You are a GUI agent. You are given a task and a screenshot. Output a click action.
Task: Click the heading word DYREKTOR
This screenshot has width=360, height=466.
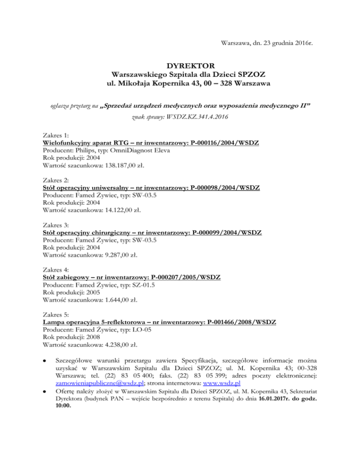click(180, 65)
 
